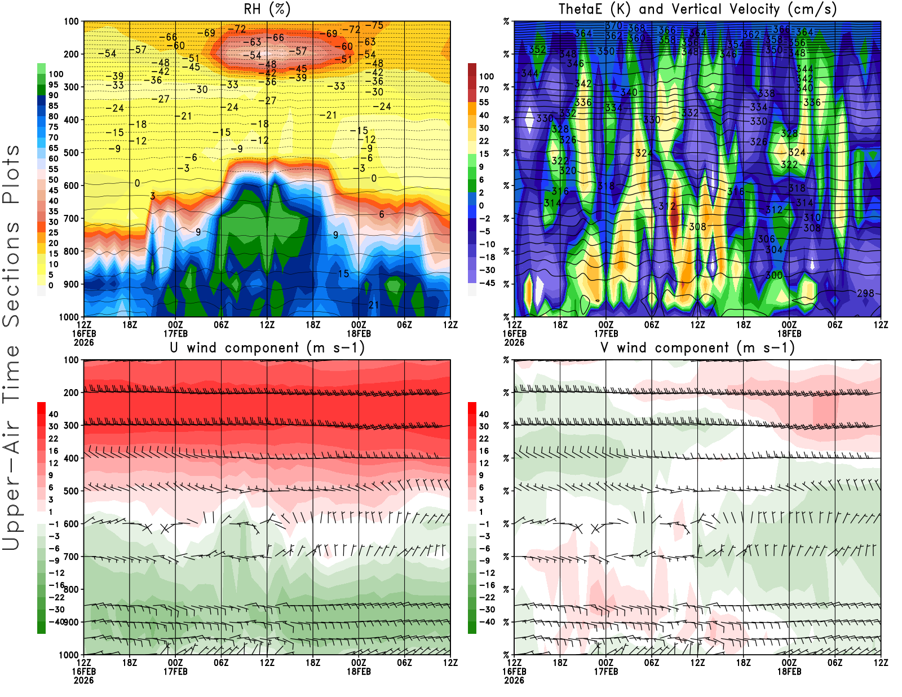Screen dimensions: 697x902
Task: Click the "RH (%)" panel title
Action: coord(267,10)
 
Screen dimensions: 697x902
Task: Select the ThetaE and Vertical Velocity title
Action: coord(697,10)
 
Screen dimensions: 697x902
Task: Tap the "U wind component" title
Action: coord(267,348)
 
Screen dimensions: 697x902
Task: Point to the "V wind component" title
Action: coord(697,348)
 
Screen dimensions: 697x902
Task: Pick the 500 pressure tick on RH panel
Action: coord(71,153)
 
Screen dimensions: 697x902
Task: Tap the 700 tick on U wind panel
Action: coord(71,557)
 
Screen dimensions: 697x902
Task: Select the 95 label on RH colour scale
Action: coord(53,85)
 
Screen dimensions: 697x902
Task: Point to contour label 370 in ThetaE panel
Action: coord(613,26)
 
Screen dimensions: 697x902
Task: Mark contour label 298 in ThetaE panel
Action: coord(865,293)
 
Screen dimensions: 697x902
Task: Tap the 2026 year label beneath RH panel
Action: coord(83,342)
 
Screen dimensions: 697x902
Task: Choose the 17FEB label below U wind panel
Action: coord(175,672)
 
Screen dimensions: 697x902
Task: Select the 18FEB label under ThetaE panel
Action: coord(789,333)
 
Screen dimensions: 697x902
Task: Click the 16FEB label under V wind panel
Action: coord(514,672)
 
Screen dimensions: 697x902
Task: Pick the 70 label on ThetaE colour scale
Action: coord(484,89)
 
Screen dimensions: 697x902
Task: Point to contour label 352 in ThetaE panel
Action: coord(537,50)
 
